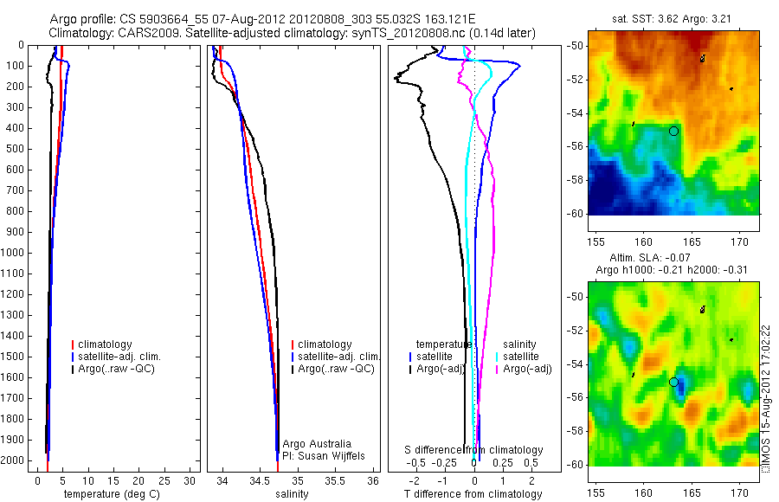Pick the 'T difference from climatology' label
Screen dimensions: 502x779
coord(473,494)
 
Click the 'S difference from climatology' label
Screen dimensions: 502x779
coord(474,450)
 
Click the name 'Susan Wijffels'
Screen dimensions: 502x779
coord(324,455)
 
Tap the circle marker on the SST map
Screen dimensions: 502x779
coord(673,131)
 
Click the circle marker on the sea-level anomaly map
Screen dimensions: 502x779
coord(673,382)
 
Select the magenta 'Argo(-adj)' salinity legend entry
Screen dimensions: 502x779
coord(527,370)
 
